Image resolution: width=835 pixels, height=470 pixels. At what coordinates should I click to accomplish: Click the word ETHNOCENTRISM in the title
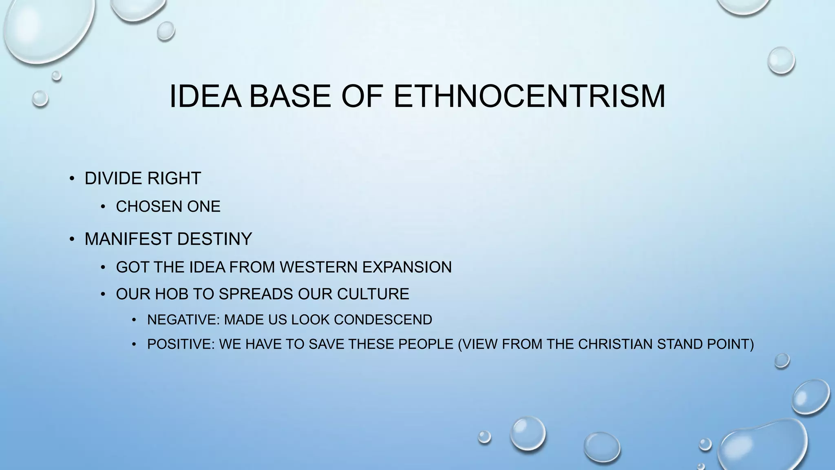click(x=529, y=96)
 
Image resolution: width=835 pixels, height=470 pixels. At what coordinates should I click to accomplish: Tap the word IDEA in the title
click(x=205, y=96)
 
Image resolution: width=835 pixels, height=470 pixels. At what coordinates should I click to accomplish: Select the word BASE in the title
click(x=290, y=96)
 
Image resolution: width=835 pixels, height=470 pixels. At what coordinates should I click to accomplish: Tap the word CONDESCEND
click(x=383, y=319)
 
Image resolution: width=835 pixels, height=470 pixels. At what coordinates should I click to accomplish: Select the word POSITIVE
click(x=181, y=344)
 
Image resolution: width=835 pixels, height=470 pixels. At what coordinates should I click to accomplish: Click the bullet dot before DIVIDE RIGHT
click(x=72, y=178)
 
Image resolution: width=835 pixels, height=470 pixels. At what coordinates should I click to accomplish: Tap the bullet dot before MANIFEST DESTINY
click(x=72, y=239)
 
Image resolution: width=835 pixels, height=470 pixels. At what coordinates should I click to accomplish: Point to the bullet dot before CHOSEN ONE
click(x=103, y=206)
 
